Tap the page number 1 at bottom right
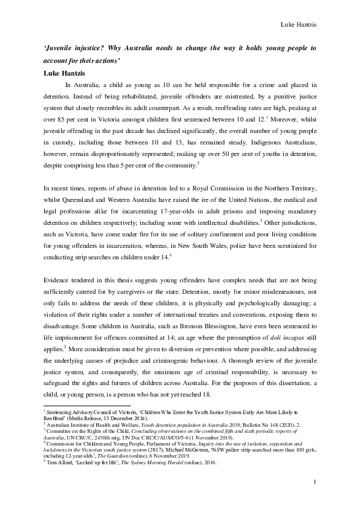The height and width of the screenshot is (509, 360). [315, 498]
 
